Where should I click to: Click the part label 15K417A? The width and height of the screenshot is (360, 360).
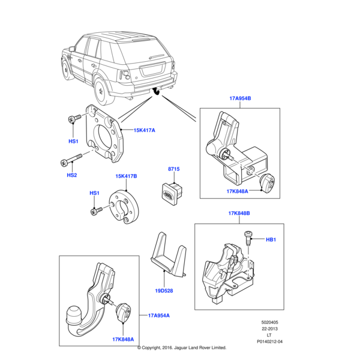144,130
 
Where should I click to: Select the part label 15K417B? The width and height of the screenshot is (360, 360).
126,176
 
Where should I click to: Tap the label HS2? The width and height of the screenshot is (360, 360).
72,175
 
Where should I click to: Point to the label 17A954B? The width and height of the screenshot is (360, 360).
239,98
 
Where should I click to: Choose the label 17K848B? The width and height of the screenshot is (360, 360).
239,213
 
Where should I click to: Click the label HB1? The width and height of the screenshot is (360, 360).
271,239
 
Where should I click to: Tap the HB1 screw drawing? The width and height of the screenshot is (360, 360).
247,239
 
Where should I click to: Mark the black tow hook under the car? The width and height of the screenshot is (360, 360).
157,91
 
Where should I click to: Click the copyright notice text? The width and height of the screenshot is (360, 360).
181,347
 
